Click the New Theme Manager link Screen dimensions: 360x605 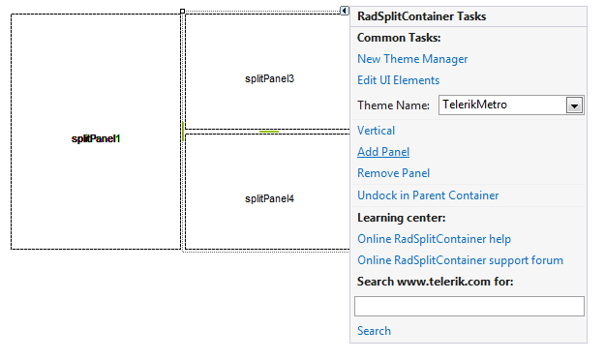pyautogui.click(x=412, y=59)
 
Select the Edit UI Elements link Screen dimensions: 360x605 pyautogui.click(x=398, y=80)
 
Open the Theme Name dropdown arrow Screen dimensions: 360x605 pyautogui.click(x=574, y=105)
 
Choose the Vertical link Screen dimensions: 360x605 pyautogui.click(x=376, y=131)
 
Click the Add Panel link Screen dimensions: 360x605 pyautogui.click(x=383, y=152)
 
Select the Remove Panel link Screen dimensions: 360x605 pyautogui.click(x=393, y=173)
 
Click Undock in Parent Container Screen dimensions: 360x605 pyautogui.click(x=428, y=195)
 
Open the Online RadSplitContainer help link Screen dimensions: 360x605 pyautogui.click(x=434, y=239)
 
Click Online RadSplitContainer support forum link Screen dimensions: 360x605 pyautogui.click(x=460, y=260)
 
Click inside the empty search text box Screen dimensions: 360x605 pyautogui.click(x=469, y=307)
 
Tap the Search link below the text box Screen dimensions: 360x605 pyautogui.click(x=374, y=331)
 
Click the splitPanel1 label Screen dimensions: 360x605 pyautogui.click(x=96, y=138)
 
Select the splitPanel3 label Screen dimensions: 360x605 pyautogui.click(x=269, y=78)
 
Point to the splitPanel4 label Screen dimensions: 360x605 pyautogui.click(x=269, y=198)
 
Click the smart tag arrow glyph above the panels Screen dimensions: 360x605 pyautogui.click(x=345, y=11)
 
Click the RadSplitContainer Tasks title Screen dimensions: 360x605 pyautogui.click(x=422, y=16)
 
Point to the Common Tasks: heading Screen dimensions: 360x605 pyautogui.click(x=399, y=38)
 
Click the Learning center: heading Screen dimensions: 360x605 pyautogui.click(x=401, y=218)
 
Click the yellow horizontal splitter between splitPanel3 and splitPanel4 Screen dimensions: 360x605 pyautogui.click(x=268, y=131)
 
